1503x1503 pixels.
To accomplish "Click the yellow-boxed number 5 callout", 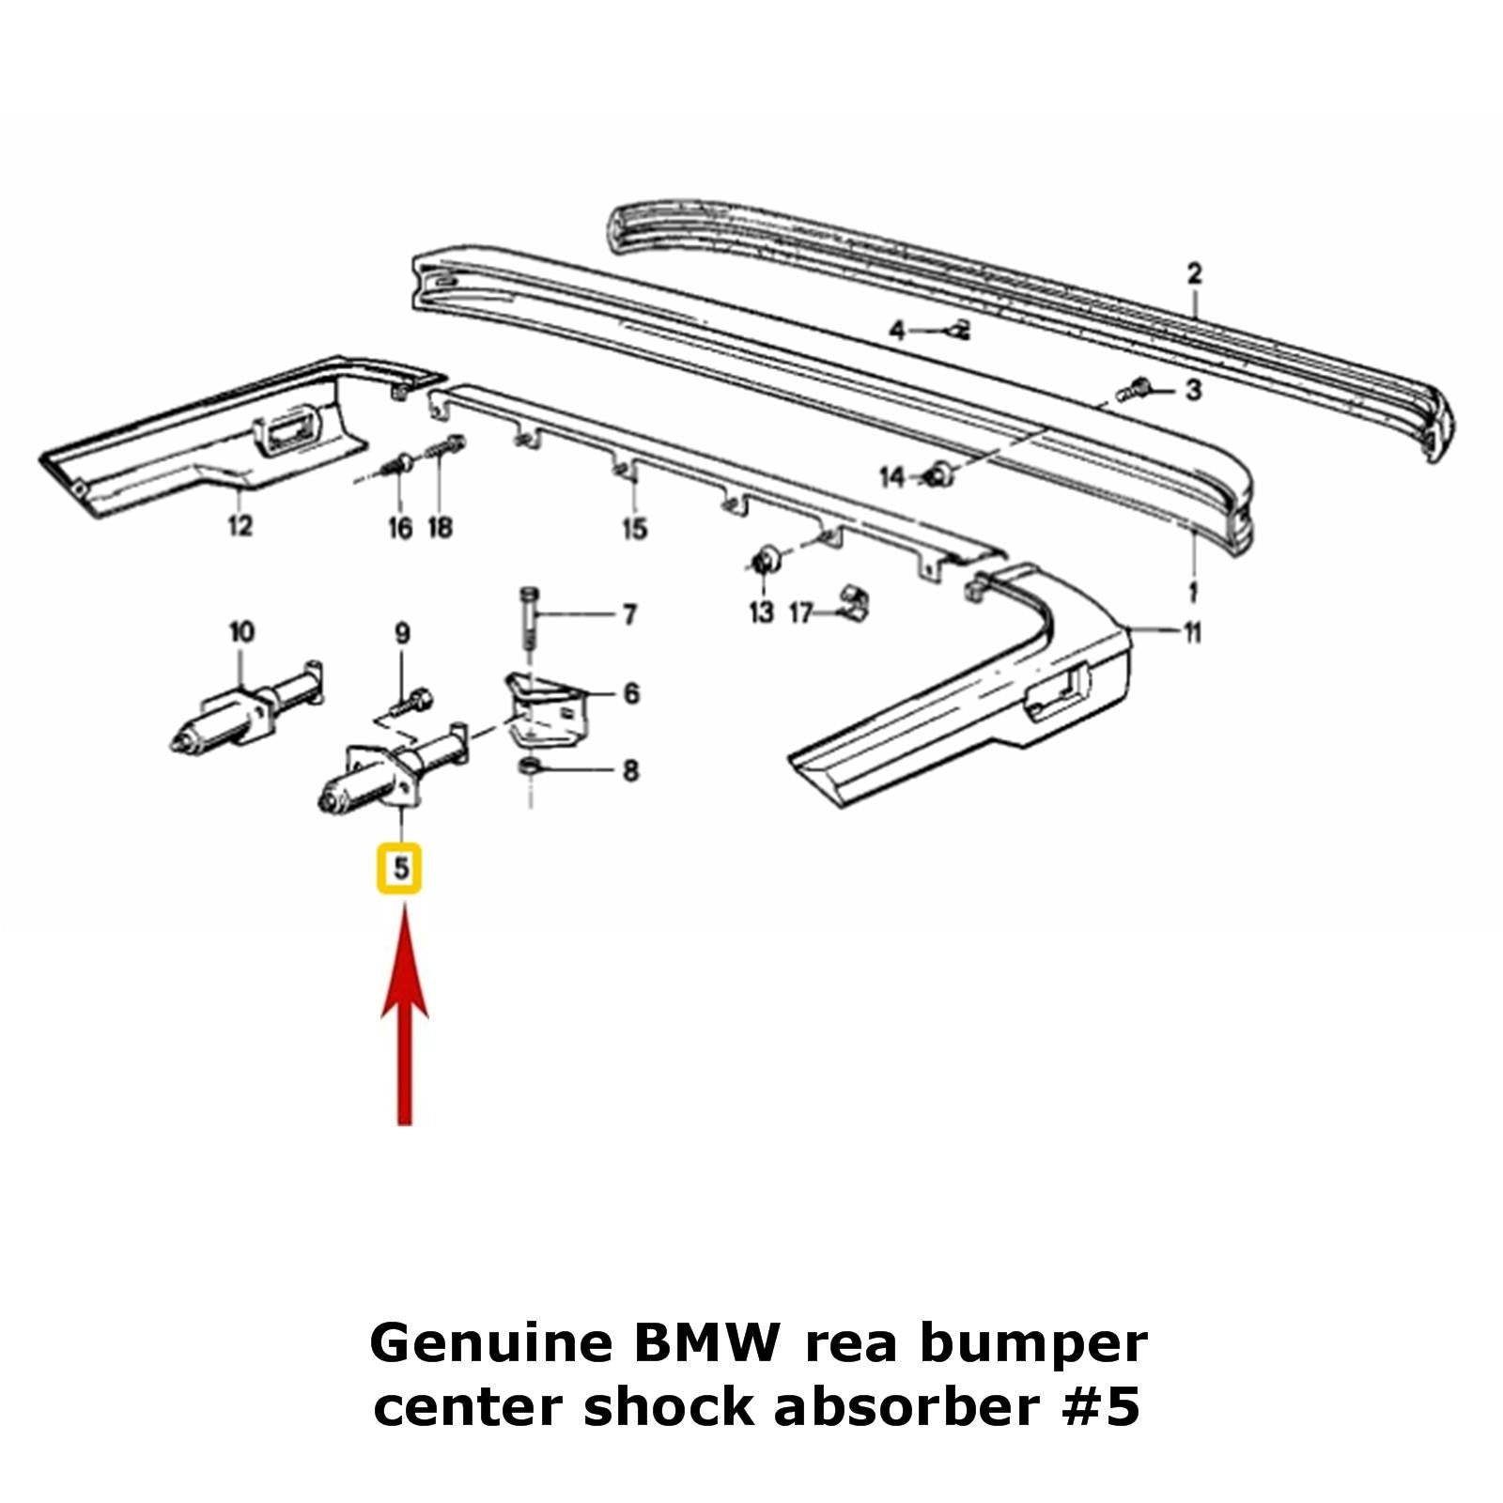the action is [400, 868].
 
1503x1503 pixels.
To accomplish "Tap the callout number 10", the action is [241, 632].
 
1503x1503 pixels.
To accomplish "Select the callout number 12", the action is [240, 525].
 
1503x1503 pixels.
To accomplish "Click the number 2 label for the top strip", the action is [1194, 274].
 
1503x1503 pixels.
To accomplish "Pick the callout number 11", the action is [1192, 633].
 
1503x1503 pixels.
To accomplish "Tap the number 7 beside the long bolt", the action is [629, 614].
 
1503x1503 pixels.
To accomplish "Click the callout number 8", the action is [630, 771].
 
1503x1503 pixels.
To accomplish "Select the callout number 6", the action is [631, 693].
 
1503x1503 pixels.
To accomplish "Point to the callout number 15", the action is [635, 529].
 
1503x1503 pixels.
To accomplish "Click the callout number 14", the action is [891, 478].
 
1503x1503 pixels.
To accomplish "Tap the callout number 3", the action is [1193, 389].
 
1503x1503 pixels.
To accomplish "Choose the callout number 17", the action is [800, 614].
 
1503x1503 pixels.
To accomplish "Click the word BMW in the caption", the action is [705, 1344].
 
